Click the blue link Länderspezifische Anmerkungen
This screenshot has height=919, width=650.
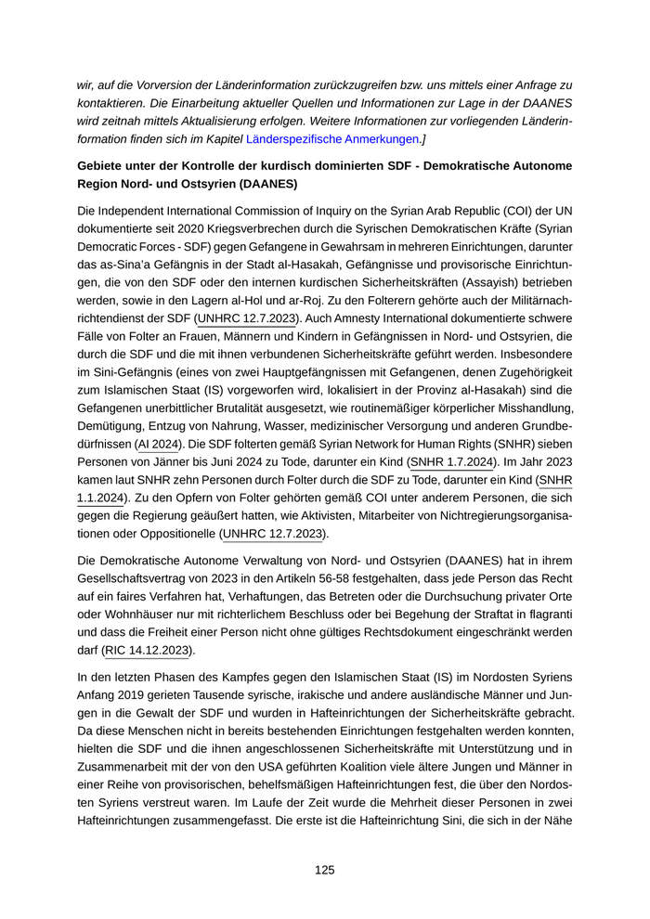click(331, 139)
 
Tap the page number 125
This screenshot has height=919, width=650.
click(324, 870)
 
